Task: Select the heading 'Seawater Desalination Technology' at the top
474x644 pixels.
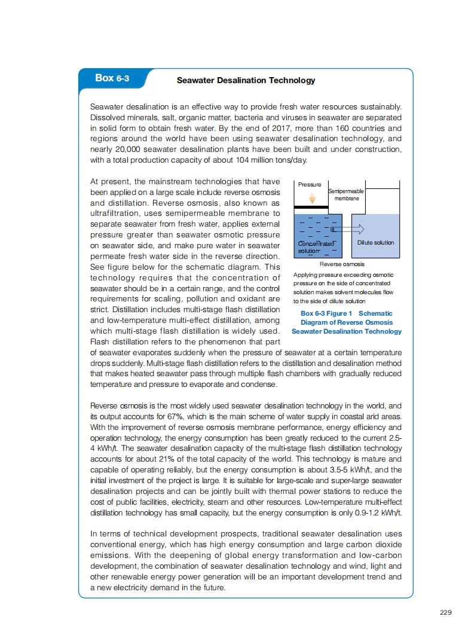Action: point(246,80)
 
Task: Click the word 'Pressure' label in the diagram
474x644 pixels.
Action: point(310,185)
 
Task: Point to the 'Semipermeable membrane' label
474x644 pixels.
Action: point(347,194)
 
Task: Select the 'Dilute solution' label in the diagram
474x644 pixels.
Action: point(375,242)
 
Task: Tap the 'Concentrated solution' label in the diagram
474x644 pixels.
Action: point(315,247)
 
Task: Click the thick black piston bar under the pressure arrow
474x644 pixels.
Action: point(311,207)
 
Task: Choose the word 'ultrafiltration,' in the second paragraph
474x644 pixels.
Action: point(116,213)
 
